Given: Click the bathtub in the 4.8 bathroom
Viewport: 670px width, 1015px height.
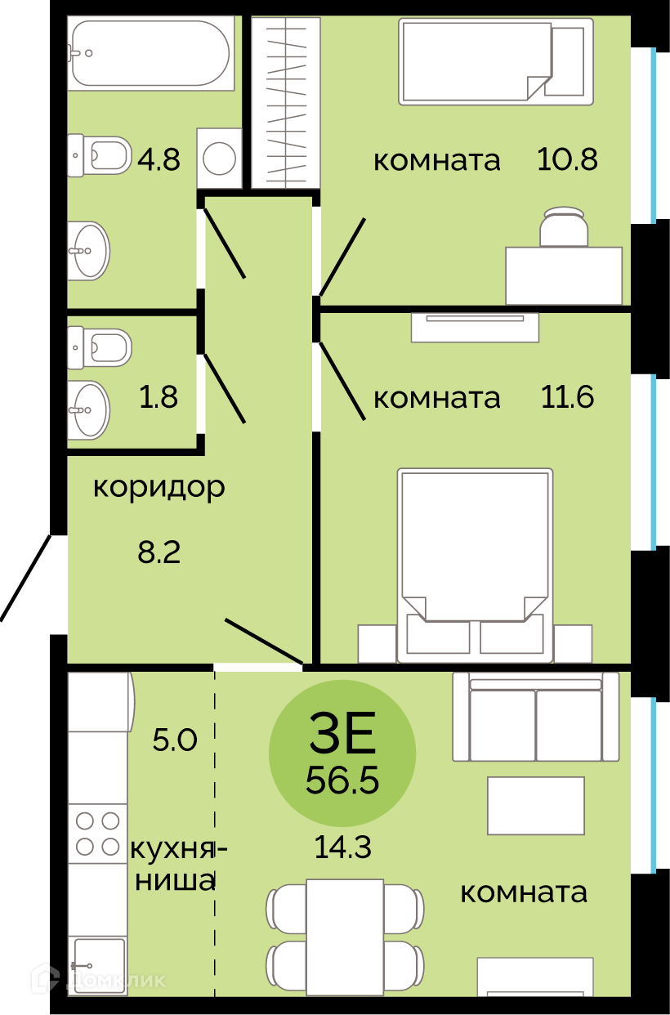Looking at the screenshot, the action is coord(151,52).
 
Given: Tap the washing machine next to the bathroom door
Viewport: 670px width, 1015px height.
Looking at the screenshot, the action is coord(219,158).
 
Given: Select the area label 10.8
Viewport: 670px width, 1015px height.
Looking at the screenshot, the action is coord(567,159).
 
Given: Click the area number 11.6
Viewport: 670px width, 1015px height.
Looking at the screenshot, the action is coord(567,397).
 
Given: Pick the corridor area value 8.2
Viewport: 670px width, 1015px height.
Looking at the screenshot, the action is coord(159,552).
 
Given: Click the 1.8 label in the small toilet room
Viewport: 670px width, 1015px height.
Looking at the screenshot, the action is coord(159,397).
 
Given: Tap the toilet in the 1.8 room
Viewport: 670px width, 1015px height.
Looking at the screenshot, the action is coord(100,347).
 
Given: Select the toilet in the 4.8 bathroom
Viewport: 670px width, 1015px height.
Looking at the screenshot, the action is coord(100,155).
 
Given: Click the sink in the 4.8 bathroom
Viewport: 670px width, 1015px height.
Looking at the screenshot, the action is coord(89,250).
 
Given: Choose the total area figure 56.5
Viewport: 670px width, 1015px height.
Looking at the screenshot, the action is coord(342,780).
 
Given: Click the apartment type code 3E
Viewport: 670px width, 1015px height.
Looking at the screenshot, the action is coord(342,732).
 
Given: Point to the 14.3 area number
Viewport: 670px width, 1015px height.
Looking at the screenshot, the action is coord(343,847).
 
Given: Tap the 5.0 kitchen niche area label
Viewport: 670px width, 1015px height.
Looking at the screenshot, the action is coord(175,740).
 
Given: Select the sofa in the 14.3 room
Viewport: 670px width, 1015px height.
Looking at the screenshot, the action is coord(535,717).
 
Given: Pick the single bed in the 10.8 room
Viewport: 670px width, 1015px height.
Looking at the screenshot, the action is coord(496,61).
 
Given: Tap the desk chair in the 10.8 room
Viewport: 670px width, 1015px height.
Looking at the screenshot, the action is coord(564,226).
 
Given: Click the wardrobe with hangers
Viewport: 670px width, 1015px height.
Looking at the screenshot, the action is coord(286,102).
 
